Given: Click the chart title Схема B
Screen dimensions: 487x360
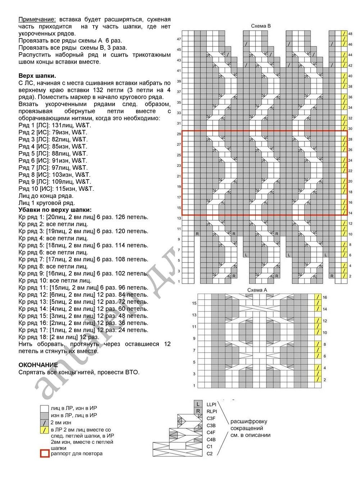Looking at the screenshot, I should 261,26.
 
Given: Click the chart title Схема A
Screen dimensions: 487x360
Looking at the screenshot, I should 257,290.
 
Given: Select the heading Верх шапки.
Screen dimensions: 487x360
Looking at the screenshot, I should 37,76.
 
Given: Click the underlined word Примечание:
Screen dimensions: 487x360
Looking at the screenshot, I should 37,19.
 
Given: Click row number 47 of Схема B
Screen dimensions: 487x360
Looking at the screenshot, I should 179,39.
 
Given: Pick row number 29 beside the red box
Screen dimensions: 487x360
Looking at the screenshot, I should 179,134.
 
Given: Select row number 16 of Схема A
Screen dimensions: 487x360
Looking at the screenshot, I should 325,297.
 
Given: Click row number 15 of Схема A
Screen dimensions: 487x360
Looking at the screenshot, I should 194,303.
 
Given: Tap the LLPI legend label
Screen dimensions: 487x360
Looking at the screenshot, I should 211,405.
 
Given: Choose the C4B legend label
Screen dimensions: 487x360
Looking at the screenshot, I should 211,439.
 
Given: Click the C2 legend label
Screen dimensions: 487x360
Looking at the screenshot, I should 210,454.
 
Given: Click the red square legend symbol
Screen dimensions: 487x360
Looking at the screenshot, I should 45,454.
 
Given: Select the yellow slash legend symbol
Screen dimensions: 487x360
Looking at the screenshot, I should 45,430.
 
